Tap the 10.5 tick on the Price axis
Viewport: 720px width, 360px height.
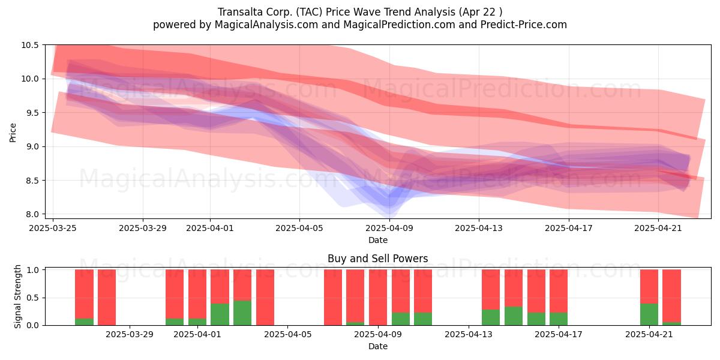(x=30, y=45)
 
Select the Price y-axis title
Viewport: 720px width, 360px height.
(x=13, y=133)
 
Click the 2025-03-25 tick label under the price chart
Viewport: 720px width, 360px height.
(x=53, y=228)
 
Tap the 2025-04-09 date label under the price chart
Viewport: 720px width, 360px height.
(x=389, y=228)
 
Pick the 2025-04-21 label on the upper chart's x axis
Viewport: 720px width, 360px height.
(x=658, y=228)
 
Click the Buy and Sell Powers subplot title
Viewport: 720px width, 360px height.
(x=377, y=259)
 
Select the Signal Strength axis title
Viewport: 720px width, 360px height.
(x=17, y=296)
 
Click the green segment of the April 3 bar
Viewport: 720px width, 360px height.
(x=242, y=313)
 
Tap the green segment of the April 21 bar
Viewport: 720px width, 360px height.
(x=649, y=314)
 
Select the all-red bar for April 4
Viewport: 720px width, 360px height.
(x=265, y=298)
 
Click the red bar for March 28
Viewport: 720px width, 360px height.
(x=107, y=298)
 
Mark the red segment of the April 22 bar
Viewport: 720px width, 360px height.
(x=671, y=296)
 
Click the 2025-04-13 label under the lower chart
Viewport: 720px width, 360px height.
(x=469, y=335)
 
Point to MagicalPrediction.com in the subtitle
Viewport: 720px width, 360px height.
(x=399, y=25)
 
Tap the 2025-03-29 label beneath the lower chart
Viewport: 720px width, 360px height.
(x=130, y=335)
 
